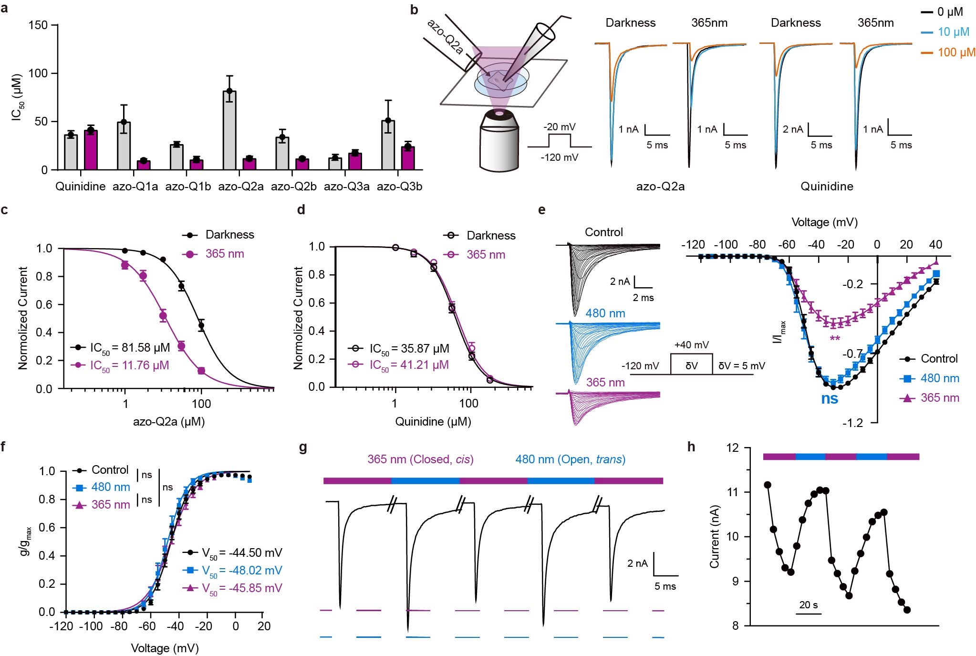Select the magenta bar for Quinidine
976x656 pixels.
(x=91, y=150)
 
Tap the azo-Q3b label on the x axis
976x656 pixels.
(x=399, y=187)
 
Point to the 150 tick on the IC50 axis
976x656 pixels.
(x=38, y=25)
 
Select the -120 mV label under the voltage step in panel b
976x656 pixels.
(x=559, y=157)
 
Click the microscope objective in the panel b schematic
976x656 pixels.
(x=499, y=141)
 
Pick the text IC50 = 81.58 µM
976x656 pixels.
(x=130, y=348)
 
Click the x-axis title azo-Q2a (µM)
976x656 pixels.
(x=169, y=422)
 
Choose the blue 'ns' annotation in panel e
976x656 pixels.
(x=830, y=399)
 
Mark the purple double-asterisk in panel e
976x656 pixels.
(x=835, y=339)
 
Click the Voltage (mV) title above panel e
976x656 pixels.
(x=824, y=222)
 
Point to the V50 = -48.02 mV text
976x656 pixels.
(x=242, y=571)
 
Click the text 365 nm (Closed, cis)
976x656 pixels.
(x=420, y=459)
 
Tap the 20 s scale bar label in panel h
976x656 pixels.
(x=809, y=605)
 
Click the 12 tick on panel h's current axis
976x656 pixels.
(x=732, y=448)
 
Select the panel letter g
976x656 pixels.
(x=303, y=448)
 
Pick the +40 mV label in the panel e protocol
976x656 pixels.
(x=691, y=345)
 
